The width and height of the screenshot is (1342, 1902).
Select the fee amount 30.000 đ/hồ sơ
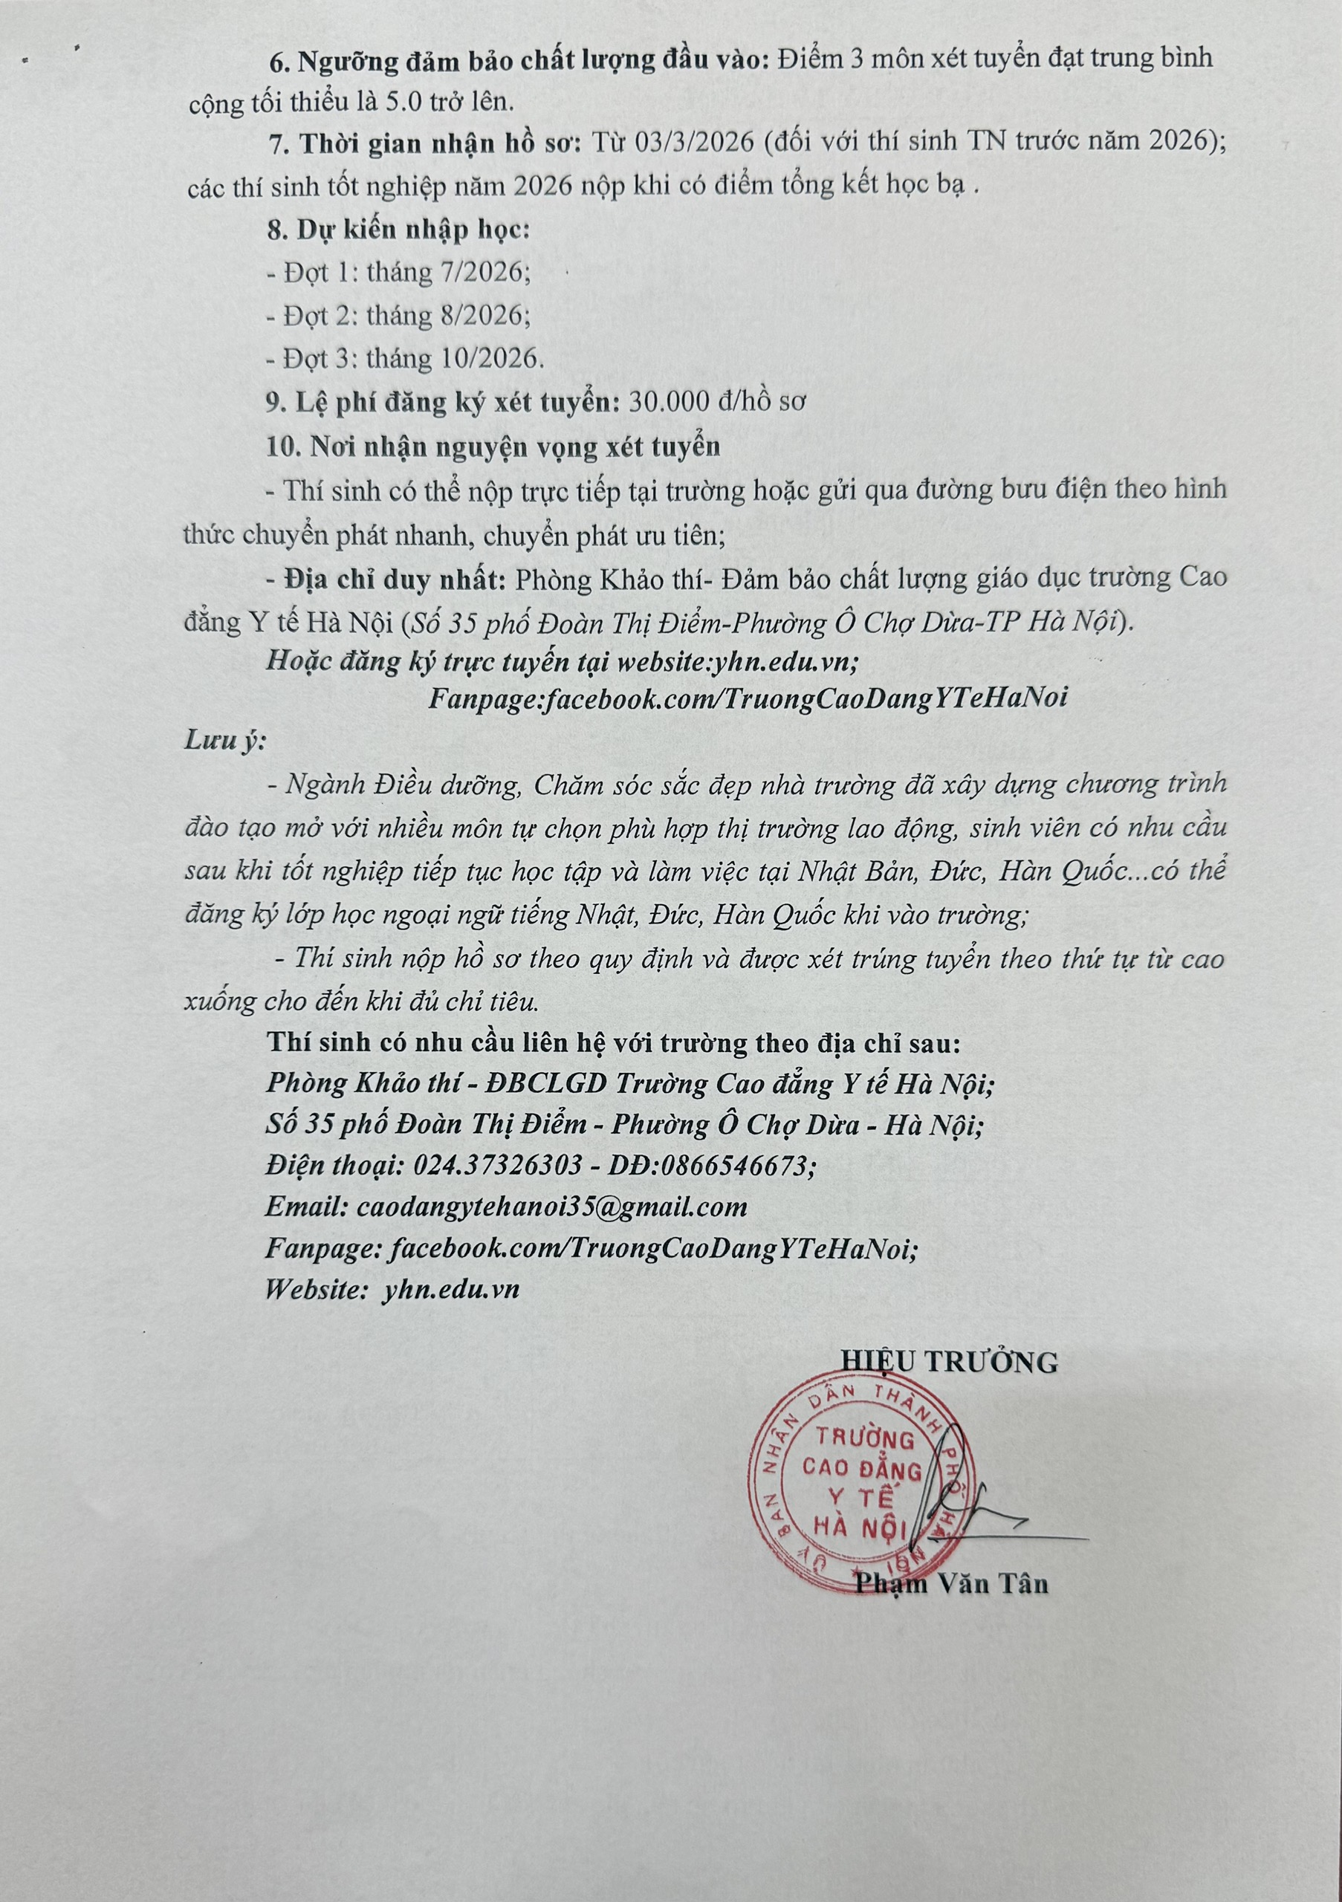[717, 403]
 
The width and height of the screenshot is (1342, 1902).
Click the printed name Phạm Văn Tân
[952, 1584]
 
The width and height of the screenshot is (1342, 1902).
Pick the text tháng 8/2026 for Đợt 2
[447, 316]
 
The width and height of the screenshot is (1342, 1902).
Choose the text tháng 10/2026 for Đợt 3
[455, 359]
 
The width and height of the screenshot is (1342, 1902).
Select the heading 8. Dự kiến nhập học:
[398, 230]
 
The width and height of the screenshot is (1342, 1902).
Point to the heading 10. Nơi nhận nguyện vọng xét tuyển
[493, 447]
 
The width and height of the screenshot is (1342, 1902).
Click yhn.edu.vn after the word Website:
[452, 1289]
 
